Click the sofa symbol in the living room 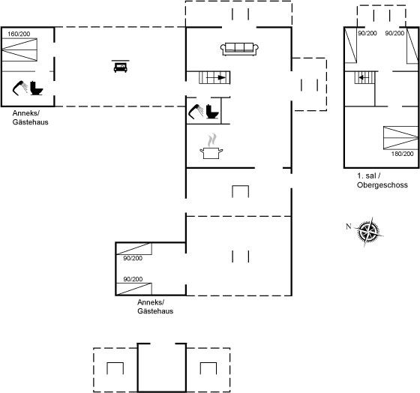pos(239,49)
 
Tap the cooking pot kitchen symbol pos(211,147)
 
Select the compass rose pos(369,231)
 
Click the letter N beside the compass pos(348,226)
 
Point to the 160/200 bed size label pos(19,34)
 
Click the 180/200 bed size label pos(402,154)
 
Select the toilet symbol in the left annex pos(37,88)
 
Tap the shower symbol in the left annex pos(19,88)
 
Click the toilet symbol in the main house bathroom pos(212,112)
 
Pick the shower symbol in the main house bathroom pos(196,112)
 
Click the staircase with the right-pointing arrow pos(214,78)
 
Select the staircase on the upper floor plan pos(364,78)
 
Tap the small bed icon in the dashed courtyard pos(121,66)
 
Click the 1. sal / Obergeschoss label pos(382,180)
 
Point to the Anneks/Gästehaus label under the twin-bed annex pos(155,307)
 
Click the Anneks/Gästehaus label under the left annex pos(30,117)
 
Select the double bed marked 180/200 pos(400,138)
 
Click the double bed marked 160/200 pos(19,49)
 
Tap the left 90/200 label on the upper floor pos(367,33)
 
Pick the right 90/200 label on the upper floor pos(394,33)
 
